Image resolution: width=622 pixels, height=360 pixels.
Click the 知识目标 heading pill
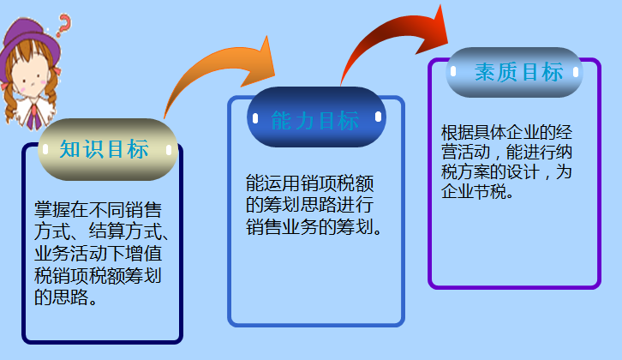(x=107, y=149)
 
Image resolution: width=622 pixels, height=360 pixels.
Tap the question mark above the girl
(x=63, y=23)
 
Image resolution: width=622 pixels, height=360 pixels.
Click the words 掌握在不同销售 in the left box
(x=99, y=209)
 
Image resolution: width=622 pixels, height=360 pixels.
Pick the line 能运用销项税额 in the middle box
(x=309, y=183)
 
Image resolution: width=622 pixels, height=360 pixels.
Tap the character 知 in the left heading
(x=69, y=149)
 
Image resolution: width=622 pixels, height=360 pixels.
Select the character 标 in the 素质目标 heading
(x=552, y=72)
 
